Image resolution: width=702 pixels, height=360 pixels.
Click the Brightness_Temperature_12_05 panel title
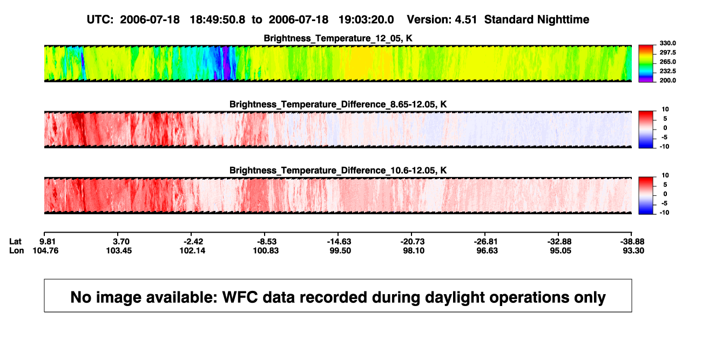coord(338,38)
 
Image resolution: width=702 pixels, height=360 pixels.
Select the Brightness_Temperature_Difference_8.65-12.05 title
coord(338,104)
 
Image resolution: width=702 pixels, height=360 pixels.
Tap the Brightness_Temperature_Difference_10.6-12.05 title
coord(338,171)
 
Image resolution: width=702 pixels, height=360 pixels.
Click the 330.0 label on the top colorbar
coord(667,43)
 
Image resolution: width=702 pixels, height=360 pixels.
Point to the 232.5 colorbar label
coord(667,71)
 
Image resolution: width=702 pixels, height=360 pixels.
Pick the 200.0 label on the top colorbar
coord(667,80)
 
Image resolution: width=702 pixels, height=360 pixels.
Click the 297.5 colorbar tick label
coord(667,53)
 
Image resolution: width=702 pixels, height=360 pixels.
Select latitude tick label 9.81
coord(48,242)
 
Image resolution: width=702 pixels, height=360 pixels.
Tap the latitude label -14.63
coord(339,242)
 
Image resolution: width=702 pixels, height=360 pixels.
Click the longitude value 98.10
coord(414,250)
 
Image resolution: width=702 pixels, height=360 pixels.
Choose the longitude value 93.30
coord(633,250)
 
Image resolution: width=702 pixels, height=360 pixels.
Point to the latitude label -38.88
coord(632,242)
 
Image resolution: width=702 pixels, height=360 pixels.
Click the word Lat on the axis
coord(15,242)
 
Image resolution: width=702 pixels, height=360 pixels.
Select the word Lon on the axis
coord(17,250)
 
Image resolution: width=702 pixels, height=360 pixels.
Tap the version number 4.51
coord(465,20)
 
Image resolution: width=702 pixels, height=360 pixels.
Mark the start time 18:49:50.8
coord(218,20)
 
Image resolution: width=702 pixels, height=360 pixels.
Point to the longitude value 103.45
coord(119,250)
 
